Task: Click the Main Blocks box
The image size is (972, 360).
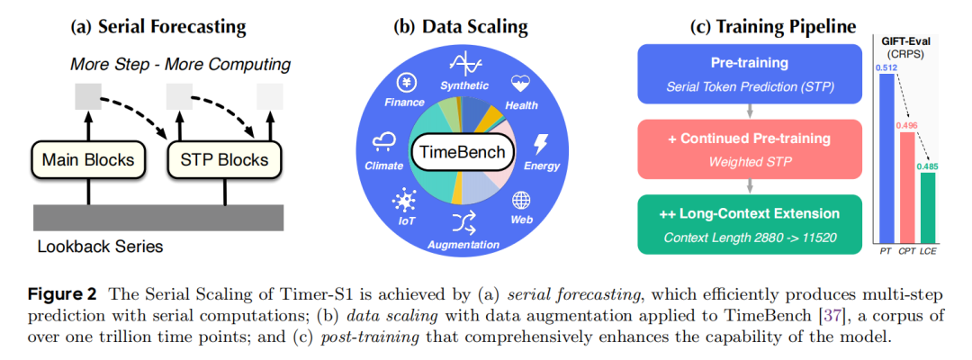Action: coord(88,160)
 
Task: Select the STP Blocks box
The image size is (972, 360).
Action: coord(224,160)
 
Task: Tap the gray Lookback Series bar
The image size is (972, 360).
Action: coord(159,217)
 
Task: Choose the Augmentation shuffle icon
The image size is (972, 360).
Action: coord(463,221)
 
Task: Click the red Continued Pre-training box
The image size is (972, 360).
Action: coord(748,148)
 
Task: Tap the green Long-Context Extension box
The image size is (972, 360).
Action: coord(748,224)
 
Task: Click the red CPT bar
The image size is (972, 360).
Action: coord(906,188)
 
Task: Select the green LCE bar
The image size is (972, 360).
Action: coord(927,208)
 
